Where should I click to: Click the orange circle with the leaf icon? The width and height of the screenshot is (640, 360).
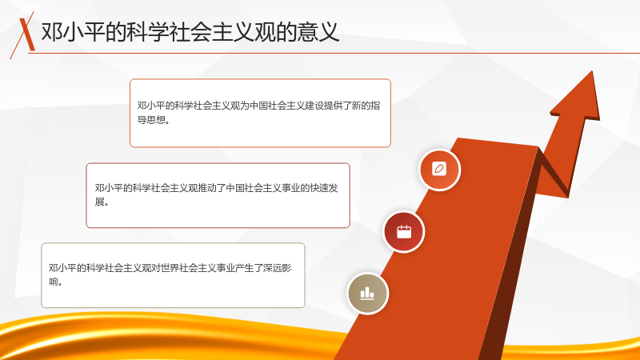439,170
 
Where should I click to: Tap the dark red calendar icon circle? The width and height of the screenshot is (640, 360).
404,232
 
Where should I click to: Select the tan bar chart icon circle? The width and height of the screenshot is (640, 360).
367,294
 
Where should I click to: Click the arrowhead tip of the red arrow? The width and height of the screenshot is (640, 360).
592,71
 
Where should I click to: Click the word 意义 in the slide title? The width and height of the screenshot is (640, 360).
318,32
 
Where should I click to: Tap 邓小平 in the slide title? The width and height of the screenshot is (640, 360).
73,32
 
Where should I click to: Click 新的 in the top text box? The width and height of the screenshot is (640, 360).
361,106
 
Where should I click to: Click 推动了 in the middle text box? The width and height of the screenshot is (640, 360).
212,188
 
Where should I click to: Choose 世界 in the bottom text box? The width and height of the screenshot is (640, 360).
170,268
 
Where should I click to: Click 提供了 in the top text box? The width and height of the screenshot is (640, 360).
338,106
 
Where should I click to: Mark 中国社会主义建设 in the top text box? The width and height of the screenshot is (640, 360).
286,106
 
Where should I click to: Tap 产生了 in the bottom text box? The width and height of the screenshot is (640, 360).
249,268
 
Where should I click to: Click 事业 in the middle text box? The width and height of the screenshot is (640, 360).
291,188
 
